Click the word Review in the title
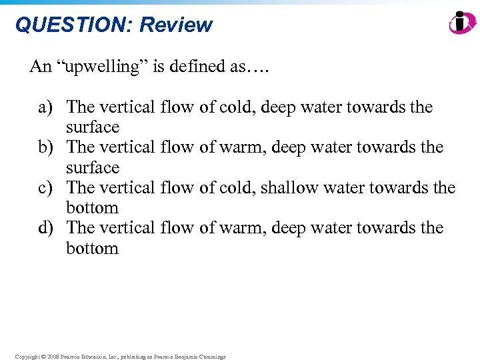click(176, 25)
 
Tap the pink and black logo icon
click(462, 23)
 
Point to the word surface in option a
click(93, 127)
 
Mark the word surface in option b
click(93, 167)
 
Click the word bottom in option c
click(92, 207)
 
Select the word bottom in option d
click(92, 248)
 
